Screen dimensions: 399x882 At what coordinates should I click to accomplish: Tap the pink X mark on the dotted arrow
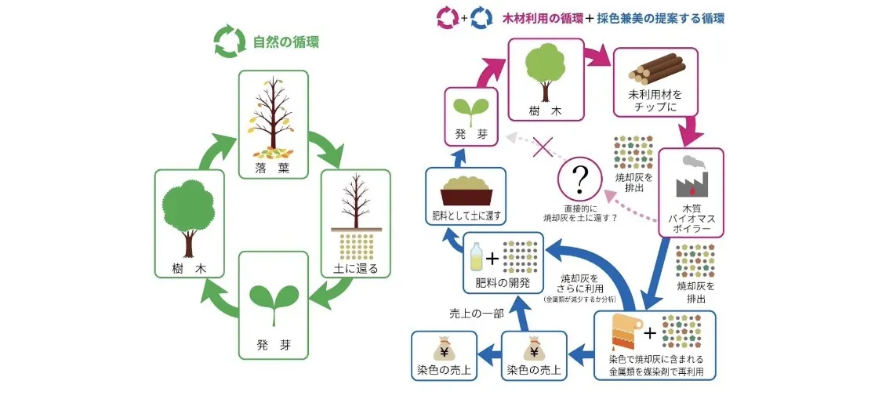543,147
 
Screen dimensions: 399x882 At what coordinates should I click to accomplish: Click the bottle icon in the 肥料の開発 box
477,257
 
